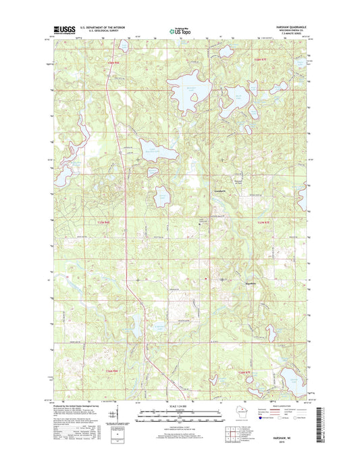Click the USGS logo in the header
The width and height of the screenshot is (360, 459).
click(62, 30)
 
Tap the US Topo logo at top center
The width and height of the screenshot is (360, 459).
click(179, 30)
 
